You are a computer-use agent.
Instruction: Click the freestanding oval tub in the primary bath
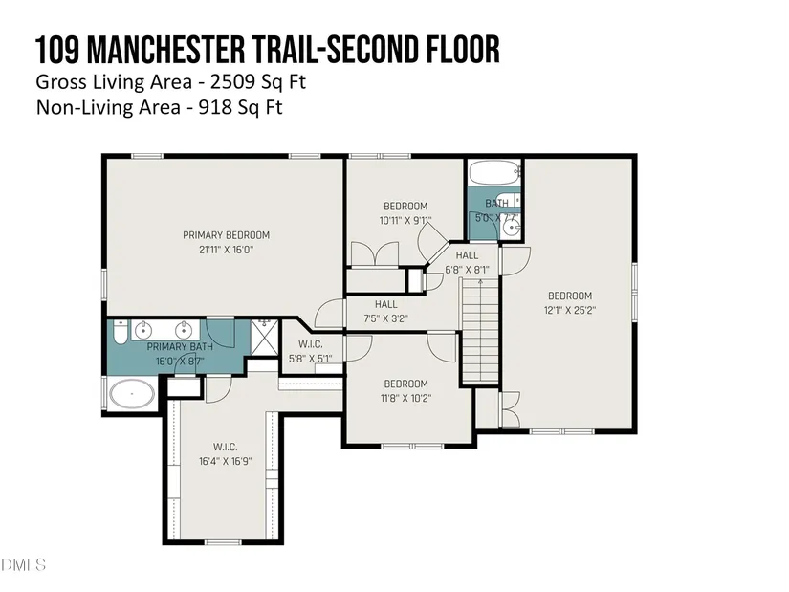point(132,394)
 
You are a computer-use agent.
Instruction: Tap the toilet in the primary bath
point(120,332)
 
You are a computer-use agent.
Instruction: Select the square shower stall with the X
point(264,337)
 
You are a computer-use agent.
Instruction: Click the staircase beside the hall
point(480,330)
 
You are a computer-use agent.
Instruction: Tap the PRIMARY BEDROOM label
point(226,235)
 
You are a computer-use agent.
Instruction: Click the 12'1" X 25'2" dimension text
point(570,310)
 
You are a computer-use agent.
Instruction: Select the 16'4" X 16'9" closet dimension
point(225,461)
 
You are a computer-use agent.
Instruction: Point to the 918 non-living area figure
point(215,107)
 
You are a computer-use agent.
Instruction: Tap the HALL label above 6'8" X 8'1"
point(467,255)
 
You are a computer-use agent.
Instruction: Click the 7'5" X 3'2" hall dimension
point(385,318)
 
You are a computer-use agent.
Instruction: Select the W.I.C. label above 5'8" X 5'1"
point(311,344)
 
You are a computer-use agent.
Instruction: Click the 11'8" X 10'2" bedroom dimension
point(405,398)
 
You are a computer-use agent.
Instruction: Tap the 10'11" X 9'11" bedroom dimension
point(405,221)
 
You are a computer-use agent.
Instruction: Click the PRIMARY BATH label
point(180,347)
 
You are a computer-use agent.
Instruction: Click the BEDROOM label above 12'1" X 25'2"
point(570,296)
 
